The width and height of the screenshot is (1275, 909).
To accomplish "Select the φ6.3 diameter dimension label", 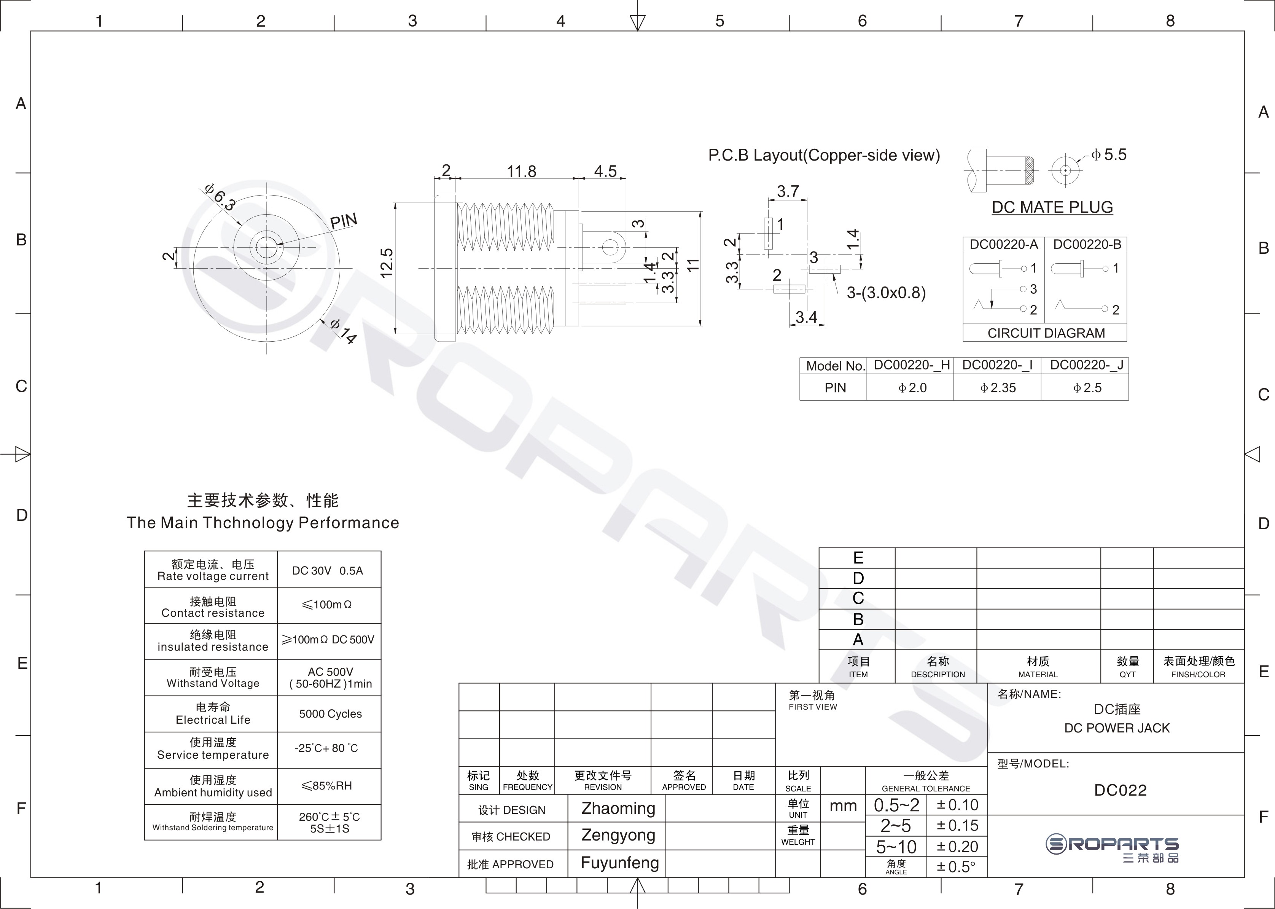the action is (x=220, y=196).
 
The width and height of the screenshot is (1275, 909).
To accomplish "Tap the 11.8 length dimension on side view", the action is (x=521, y=171).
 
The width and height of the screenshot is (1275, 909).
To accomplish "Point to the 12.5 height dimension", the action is (x=387, y=263).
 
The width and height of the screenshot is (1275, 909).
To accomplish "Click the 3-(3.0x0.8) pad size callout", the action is (x=886, y=293).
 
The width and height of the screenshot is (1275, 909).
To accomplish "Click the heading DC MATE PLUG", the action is (x=1052, y=207).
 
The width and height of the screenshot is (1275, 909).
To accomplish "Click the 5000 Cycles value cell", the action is (x=330, y=714).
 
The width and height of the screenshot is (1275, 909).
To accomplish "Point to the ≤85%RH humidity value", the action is (x=327, y=785).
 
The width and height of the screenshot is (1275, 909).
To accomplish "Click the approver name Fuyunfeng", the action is (x=619, y=863).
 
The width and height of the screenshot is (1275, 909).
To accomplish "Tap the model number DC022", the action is (x=1120, y=790).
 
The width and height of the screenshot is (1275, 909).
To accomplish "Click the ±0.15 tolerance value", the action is (x=958, y=826).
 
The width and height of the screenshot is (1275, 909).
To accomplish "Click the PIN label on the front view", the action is (x=344, y=221).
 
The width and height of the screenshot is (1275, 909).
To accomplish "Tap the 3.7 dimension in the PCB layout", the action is (x=788, y=191).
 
